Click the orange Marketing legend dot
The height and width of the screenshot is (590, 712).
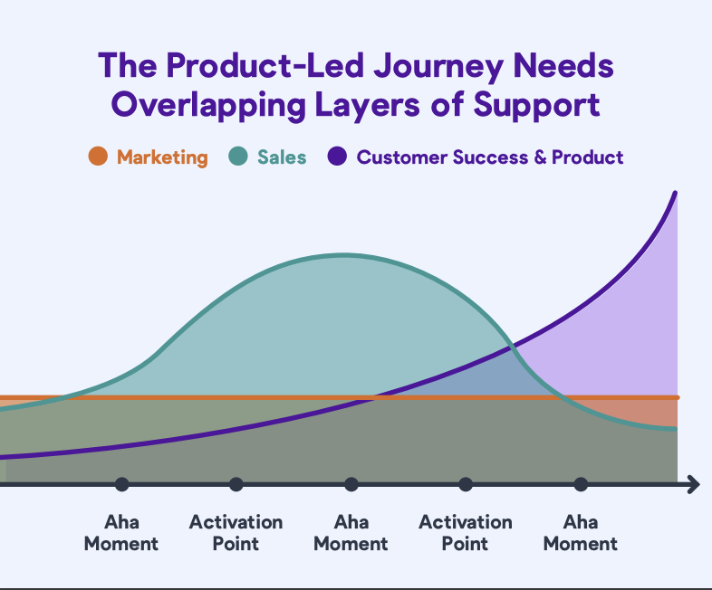[x=98, y=156]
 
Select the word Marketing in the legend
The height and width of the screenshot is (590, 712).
[x=162, y=157]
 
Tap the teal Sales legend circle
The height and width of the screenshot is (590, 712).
[x=238, y=156]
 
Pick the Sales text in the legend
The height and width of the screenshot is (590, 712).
[x=282, y=157]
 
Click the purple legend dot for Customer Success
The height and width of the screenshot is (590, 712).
[x=337, y=156]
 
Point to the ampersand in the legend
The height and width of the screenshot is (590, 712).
[x=540, y=157]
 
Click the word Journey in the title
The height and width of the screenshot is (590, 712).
[x=438, y=67]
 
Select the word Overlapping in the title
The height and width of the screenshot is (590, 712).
[x=209, y=106]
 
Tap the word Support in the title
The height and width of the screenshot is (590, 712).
[x=536, y=106]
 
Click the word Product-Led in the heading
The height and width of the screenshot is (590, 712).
[x=265, y=65]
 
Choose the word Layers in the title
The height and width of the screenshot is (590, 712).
[x=368, y=106]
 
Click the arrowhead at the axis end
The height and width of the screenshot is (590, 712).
[x=694, y=485]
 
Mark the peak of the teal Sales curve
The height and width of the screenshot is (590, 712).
[x=342, y=256]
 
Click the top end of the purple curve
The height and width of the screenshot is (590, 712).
[x=675, y=194]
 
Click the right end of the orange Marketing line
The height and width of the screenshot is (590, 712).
[x=678, y=398]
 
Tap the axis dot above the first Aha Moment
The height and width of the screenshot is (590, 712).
[x=121, y=484]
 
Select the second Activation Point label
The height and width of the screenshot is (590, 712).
[x=466, y=533]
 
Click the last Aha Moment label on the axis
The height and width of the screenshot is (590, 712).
[x=581, y=533]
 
